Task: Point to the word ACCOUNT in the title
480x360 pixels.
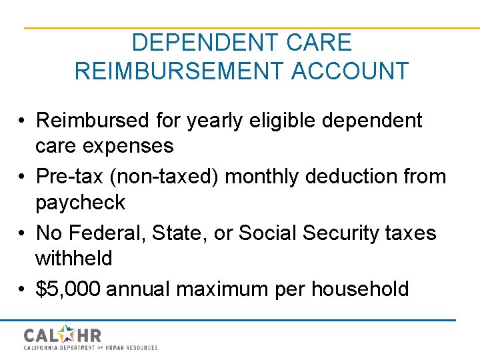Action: tap(350, 71)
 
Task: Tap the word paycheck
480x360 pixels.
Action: tap(81, 201)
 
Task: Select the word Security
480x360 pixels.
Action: tap(339, 233)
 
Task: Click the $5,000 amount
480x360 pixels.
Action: tap(68, 289)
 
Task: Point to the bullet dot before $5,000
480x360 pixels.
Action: tap(23, 289)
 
